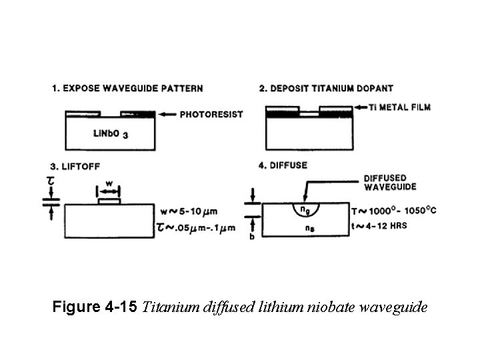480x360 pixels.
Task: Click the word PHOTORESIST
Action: [x=211, y=115]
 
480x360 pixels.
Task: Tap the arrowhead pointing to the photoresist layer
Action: [x=165, y=115]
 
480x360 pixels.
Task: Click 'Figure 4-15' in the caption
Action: [x=95, y=307]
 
